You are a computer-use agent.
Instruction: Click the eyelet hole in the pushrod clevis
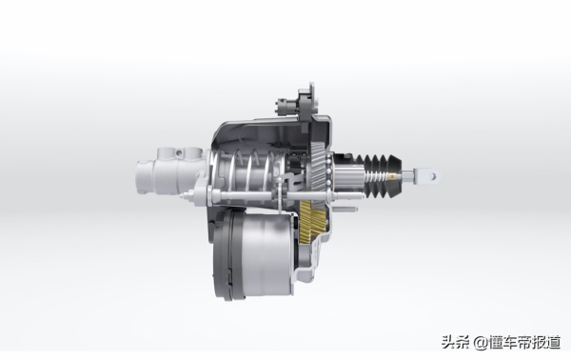click(x=433, y=177)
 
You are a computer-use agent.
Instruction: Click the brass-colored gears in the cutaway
click(x=310, y=220)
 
